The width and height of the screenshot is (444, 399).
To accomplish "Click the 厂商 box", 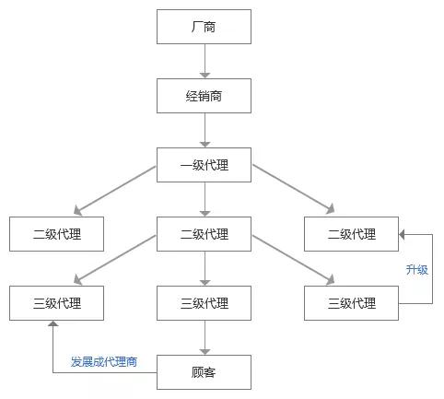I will [x=204, y=28].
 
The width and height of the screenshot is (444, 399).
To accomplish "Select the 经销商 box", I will [x=204, y=97].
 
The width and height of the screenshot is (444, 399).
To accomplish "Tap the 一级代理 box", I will [x=204, y=166].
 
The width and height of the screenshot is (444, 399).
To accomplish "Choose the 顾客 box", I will [x=204, y=372].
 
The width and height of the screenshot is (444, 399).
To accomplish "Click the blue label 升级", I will [x=417, y=270].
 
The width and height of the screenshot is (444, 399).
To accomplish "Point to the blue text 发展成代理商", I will [x=104, y=361].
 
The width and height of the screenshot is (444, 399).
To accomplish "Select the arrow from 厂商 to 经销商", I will [x=204, y=62].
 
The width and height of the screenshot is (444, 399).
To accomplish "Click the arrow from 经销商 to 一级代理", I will [x=204, y=131].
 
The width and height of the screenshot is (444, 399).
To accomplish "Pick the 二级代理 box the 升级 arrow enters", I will [x=352, y=234].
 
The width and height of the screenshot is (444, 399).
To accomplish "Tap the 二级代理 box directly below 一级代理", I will [x=204, y=234].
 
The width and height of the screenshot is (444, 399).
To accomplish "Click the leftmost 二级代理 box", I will [x=56, y=234].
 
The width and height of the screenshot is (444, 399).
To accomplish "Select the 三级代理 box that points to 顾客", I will [x=204, y=303].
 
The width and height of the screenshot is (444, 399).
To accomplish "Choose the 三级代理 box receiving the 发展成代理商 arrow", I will [x=56, y=303].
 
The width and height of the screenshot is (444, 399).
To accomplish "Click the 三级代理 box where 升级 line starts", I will [x=352, y=303].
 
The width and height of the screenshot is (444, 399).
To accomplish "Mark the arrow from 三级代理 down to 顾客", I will [x=204, y=337].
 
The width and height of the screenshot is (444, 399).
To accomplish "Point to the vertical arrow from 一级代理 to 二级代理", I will [x=204, y=200].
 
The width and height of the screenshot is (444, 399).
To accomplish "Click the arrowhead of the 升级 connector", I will [x=404, y=235].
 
